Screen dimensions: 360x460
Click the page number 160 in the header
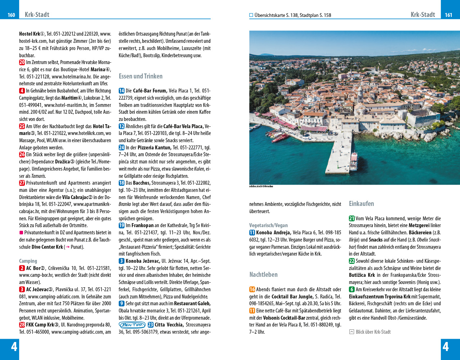click(x=11, y=15)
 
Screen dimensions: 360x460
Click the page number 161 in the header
click(x=448, y=15)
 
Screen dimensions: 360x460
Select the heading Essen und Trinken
click(x=140, y=76)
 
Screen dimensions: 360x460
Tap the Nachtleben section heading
click(x=263, y=275)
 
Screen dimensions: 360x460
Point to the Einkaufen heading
click(x=361, y=204)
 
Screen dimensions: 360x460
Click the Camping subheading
click(x=28, y=261)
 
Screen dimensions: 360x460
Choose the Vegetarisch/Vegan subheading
click(x=268, y=225)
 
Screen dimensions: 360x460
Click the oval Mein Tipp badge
click(x=132, y=325)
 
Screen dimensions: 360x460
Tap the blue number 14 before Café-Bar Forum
click(x=122, y=91)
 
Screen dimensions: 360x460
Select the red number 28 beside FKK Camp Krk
click(x=22, y=325)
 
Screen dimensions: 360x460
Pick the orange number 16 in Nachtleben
click(x=252, y=289)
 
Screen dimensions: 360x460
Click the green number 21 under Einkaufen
click(x=352, y=219)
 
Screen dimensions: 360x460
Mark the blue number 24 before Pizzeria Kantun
click(x=122, y=148)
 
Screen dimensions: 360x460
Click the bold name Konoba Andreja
click(x=273, y=233)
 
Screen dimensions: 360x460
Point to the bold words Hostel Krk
click(x=30, y=34)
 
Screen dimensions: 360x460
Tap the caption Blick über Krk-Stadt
click(x=373, y=332)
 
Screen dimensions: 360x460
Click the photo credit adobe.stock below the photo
click(x=261, y=186)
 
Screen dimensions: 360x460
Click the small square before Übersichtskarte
click(x=251, y=15)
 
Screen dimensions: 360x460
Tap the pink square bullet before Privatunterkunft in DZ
click(x=21, y=233)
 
